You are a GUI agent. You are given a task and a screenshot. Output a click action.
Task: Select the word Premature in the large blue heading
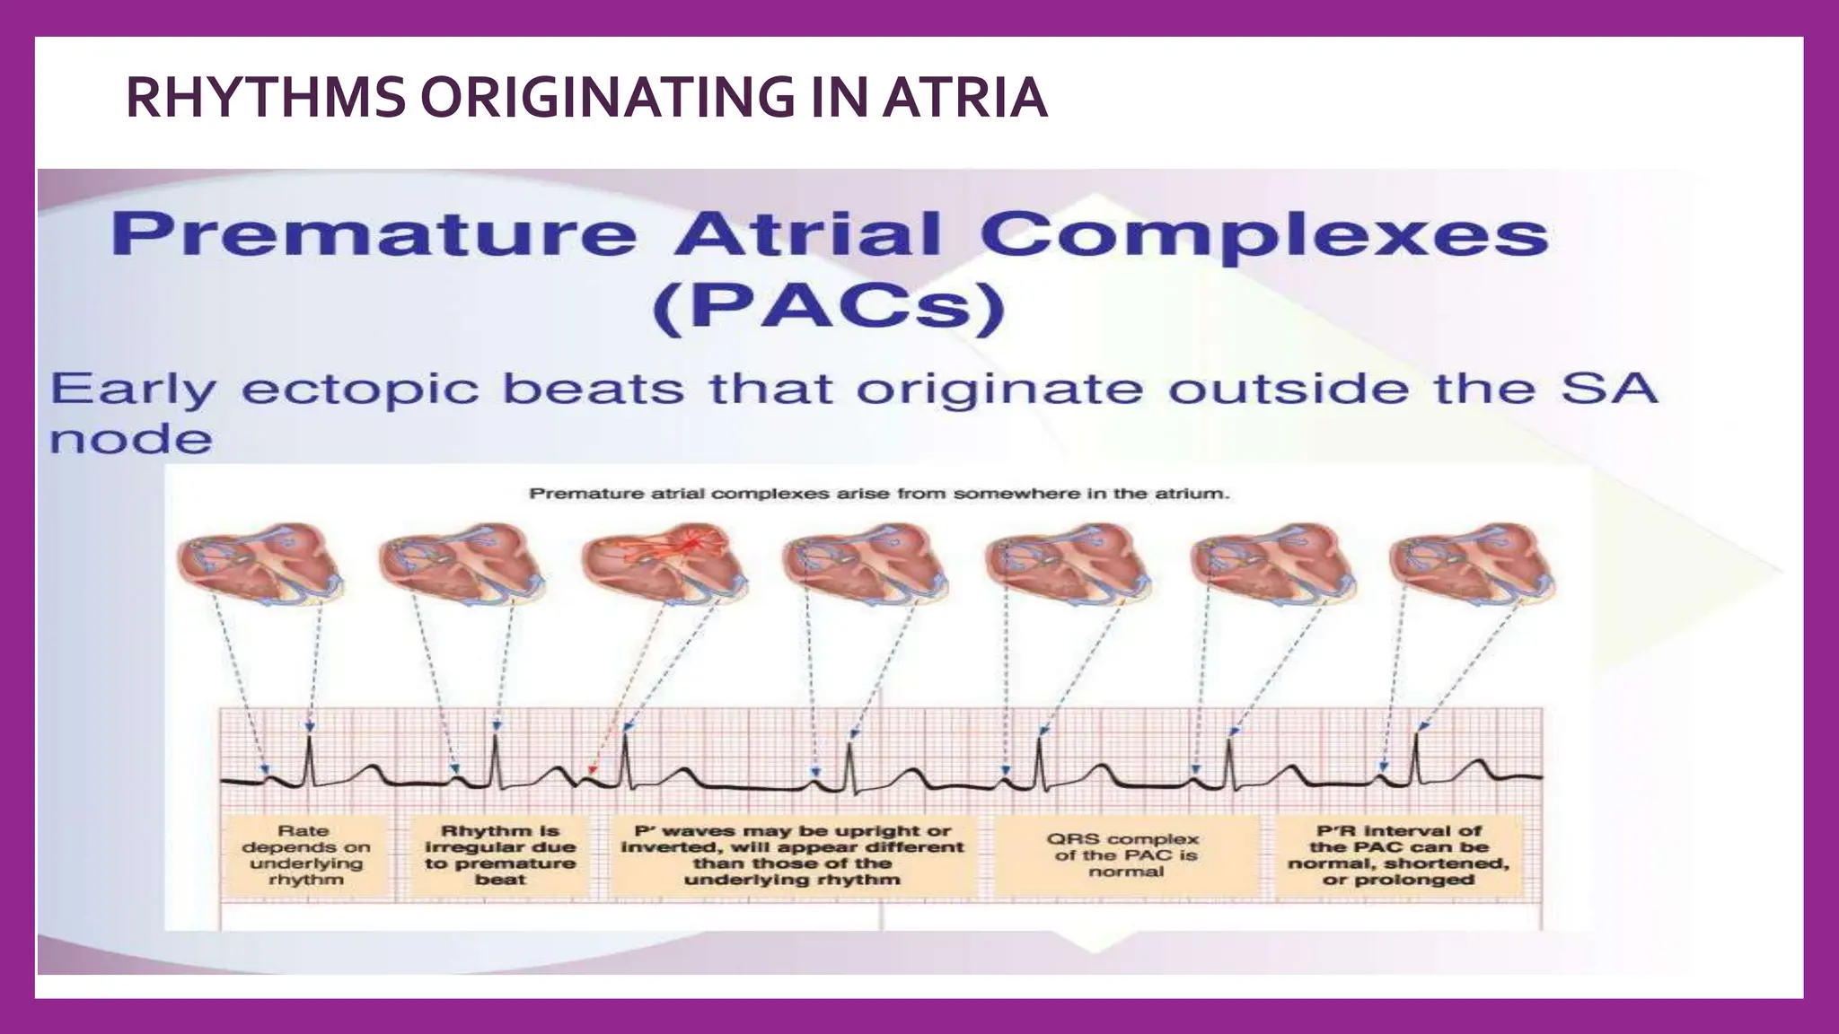pos(374,234)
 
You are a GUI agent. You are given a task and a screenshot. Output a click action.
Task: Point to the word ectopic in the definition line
pos(359,390)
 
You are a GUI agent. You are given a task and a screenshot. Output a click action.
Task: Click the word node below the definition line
pos(131,440)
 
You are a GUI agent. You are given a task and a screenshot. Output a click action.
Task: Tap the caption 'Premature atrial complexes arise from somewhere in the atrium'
pos(878,494)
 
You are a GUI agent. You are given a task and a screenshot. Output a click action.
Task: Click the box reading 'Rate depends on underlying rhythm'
pos(305,855)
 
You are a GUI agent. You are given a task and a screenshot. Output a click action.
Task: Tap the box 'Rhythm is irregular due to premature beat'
pos(500,855)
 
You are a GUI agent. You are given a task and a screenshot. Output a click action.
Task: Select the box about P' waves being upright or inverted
pos(792,855)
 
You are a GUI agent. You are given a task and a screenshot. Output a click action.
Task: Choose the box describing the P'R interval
pos(1398,855)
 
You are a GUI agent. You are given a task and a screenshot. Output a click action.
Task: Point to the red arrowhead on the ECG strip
pos(590,771)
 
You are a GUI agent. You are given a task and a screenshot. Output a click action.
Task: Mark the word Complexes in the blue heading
pos(1264,234)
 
